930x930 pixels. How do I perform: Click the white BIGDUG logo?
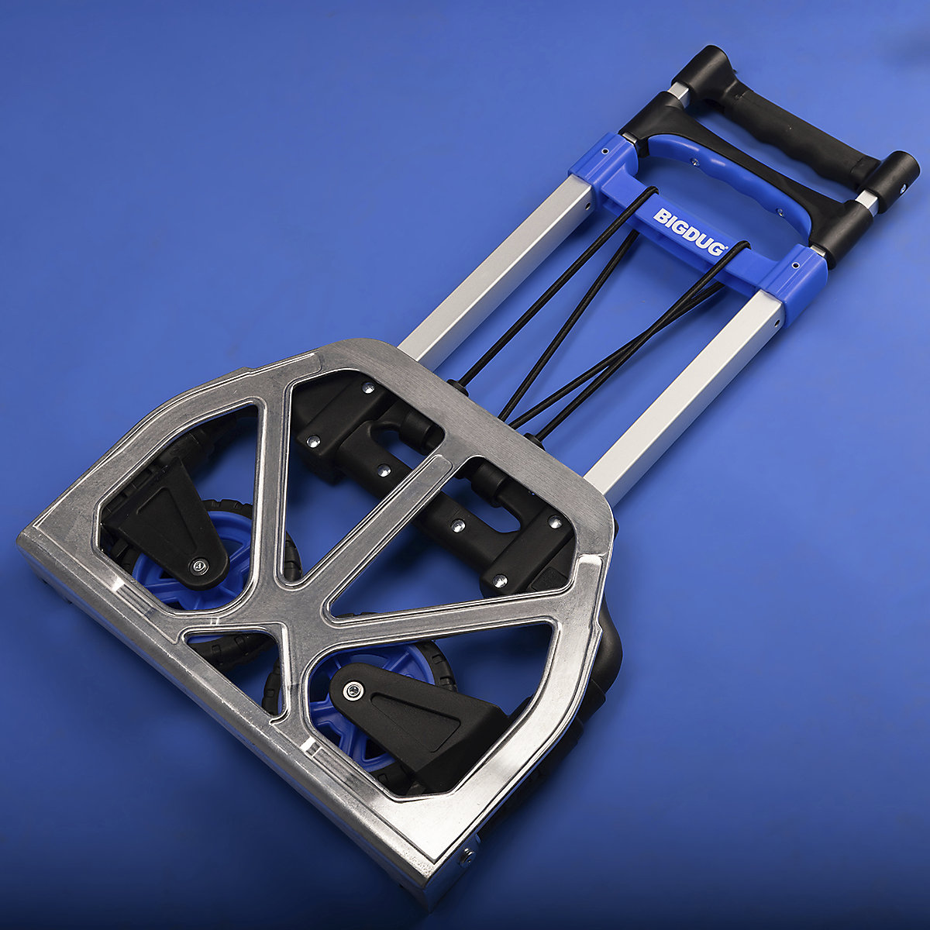click(x=689, y=232)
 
